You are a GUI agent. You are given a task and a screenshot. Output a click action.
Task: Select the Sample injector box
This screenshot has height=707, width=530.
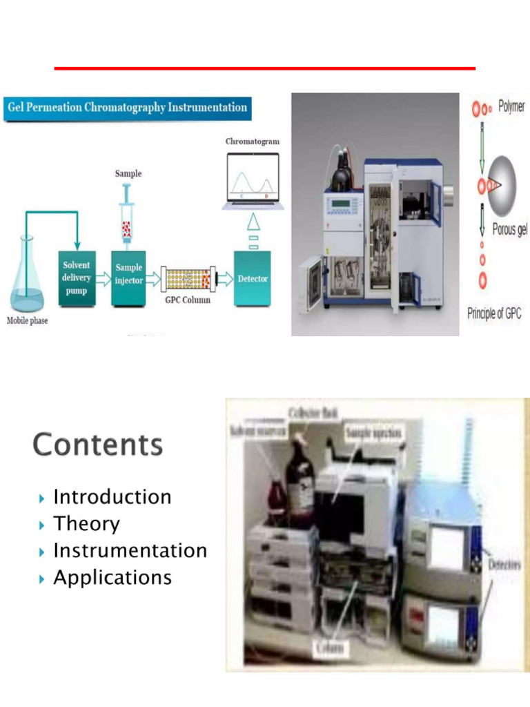click(x=129, y=278)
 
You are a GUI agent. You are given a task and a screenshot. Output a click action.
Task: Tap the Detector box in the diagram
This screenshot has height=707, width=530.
click(x=253, y=279)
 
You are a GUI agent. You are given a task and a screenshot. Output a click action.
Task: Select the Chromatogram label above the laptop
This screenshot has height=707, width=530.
click(x=253, y=141)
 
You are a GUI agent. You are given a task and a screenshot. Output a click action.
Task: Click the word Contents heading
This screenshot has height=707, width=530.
click(x=97, y=444)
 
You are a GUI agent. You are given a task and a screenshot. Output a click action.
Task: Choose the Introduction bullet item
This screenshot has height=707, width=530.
click(x=112, y=497)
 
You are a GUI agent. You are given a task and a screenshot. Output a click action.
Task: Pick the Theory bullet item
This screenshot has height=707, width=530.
click(x=86, y=524)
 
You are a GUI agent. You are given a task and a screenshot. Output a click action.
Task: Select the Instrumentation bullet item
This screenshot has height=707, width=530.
click(x=130, y=551)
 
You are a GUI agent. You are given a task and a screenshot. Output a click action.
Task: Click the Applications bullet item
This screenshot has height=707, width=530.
click(x=112, y=577)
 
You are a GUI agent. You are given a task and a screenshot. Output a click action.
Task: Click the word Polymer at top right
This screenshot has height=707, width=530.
click(x=511, y=107)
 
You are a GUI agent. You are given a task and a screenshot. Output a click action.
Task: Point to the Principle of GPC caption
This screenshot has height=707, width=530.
click(x=496, y=313)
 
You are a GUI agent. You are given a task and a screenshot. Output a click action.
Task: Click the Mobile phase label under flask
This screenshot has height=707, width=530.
click(x=28, y=321)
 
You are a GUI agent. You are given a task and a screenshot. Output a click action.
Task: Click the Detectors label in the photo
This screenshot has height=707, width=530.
click(x=504, y=565)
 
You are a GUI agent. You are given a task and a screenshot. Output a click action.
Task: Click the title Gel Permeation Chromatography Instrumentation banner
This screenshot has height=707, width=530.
click(x=127, y=108)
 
